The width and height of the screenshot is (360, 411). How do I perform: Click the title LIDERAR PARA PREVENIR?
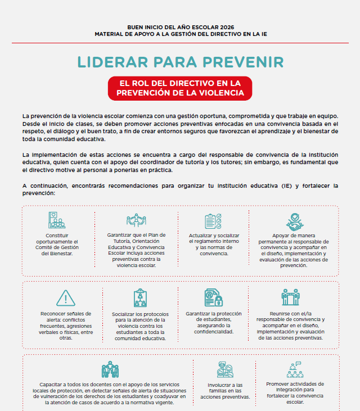click(x=180, y=61)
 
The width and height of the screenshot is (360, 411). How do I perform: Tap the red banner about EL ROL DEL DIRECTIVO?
click(x=180, y=88)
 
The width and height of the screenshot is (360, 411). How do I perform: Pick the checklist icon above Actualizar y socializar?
click(x=213, y=221)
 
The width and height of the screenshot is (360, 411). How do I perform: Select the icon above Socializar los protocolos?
click(x=139, y=297)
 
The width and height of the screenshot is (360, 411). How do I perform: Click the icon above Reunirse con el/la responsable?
click(x=291, y=297)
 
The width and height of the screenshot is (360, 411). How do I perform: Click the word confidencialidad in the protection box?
click(x=213, y=332)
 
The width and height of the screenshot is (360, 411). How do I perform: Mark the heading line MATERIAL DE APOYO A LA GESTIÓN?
click(x=181, y=34)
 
